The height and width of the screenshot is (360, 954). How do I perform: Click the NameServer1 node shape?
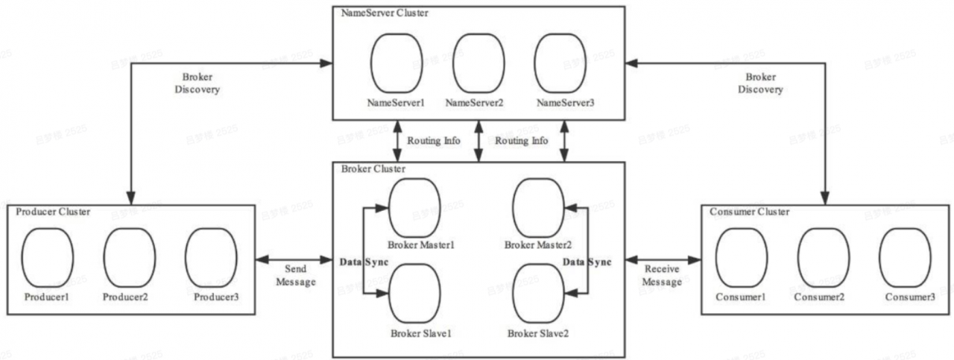coord(396,64)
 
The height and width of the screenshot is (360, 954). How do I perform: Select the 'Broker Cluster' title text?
coord(373,169)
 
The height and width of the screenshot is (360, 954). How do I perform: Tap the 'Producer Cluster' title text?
coord(53,212)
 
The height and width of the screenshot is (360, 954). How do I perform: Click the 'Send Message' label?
coord(296,275)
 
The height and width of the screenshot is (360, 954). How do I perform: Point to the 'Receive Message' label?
coord(662,275)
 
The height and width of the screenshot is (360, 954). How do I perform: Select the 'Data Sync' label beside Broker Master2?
coord(587,262)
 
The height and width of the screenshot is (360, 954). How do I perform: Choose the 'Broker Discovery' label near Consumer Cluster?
coord(760,83)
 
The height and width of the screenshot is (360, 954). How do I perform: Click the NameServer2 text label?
coord(475,102)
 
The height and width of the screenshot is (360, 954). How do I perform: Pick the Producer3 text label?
coord(216,297)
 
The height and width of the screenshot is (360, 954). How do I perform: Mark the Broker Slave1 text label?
coord(422,333)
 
